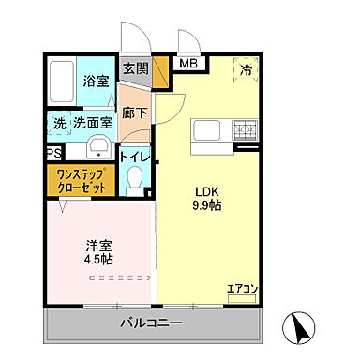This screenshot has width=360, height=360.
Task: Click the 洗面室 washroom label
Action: point(94,122)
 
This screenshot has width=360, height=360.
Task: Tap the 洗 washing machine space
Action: point(58,122)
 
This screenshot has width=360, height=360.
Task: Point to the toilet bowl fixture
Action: point(134,178)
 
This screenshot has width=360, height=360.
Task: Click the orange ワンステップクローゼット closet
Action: point(81,181)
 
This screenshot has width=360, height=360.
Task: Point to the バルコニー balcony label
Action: point(150,323)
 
